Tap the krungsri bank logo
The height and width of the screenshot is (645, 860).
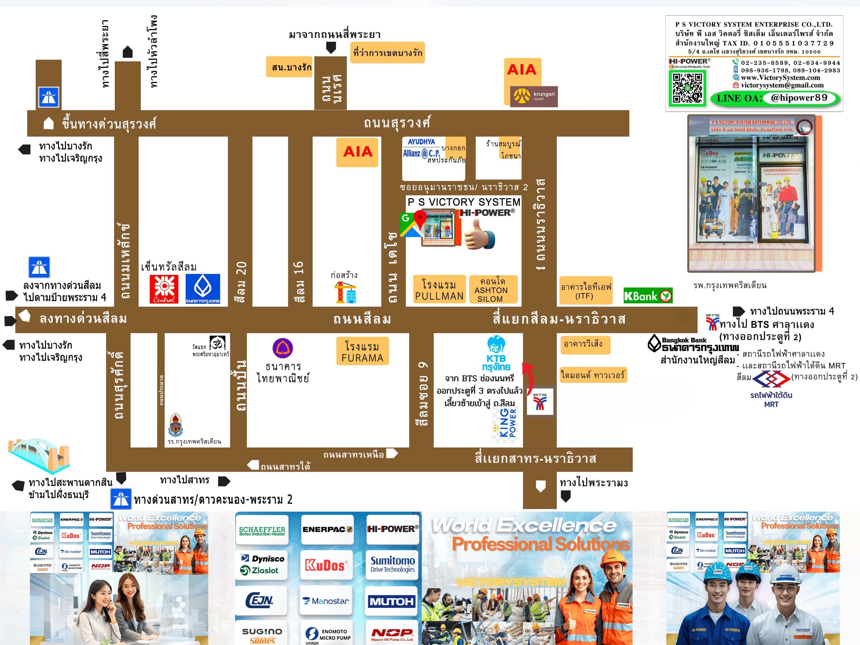point(533,96)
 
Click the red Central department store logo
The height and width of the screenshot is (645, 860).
point(164,289)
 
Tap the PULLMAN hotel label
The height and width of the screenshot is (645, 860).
point(439,290)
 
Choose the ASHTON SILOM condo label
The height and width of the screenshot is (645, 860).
point(493,290)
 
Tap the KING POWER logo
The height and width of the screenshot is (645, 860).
point(505,423)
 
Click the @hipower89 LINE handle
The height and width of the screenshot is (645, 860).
point(799,98)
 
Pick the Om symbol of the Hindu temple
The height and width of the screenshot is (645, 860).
point(217,343)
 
